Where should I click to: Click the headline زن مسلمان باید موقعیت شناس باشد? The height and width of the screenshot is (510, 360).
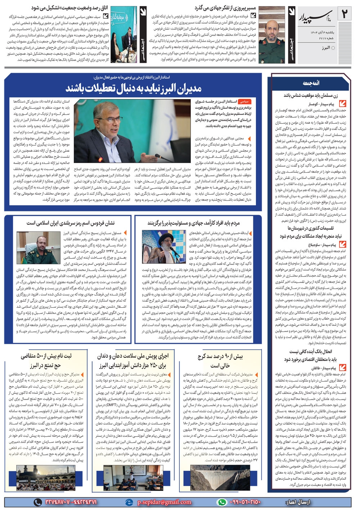(x=311, y=95)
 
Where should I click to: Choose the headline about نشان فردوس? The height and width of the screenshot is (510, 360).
(x=71, y=223)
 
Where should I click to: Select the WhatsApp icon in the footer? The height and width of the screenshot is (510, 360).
(x=223, y=502)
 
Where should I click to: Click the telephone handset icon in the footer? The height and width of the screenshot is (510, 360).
(x=37, y=502)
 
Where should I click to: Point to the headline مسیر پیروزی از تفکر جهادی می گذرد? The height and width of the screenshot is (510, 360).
(x=225, y=8)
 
